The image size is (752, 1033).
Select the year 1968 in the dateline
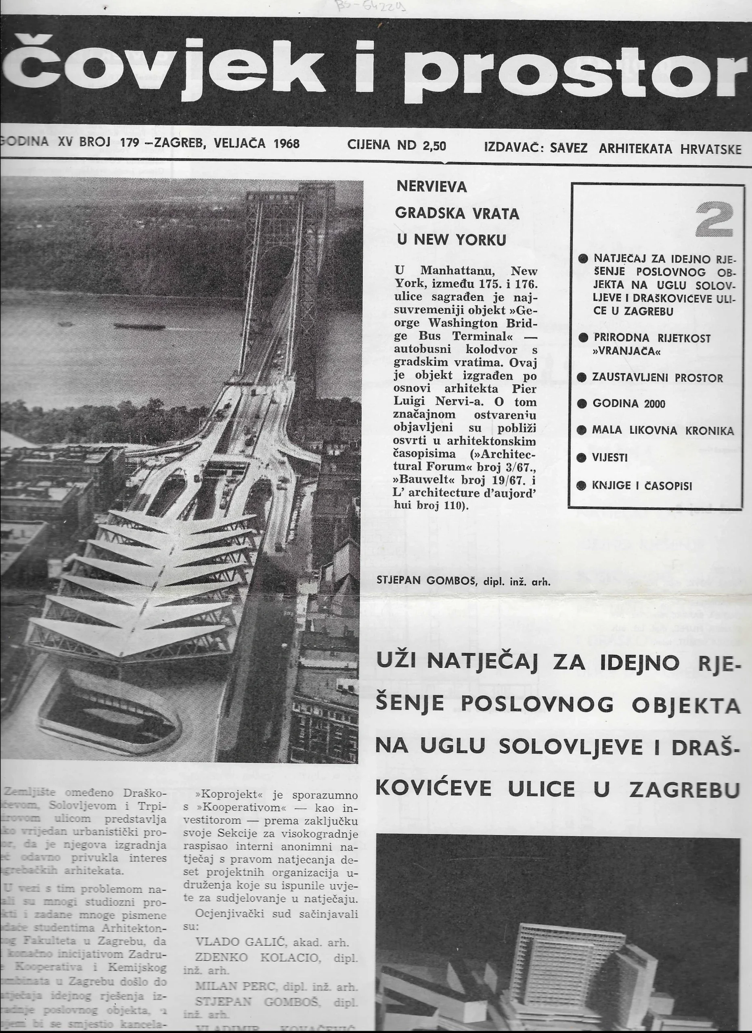point(286,144)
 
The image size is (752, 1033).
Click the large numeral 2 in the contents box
point(714,220)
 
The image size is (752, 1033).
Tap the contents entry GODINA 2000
point(628,404)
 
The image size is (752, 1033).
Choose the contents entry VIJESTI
point(610,458)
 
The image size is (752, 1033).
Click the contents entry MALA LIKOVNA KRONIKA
point(663,431)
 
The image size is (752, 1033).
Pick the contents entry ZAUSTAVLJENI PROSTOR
point(657,378)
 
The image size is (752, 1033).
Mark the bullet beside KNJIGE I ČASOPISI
point(581,485)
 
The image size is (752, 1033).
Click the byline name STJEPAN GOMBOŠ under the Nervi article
point(426,581)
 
